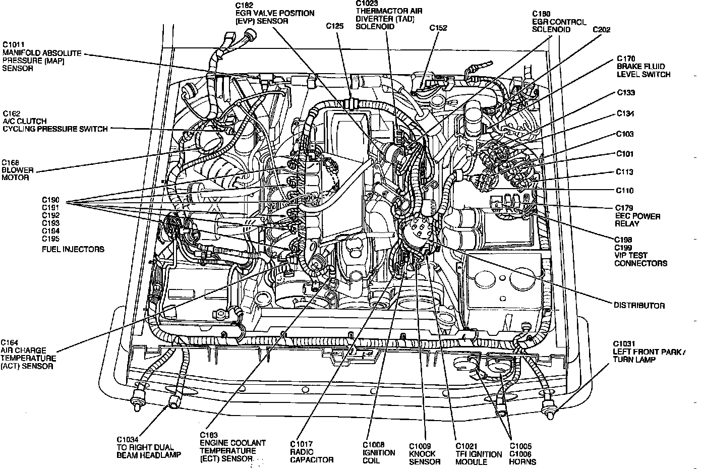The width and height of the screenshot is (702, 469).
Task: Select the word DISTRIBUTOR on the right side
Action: pyautogui.click(x=639, y=305)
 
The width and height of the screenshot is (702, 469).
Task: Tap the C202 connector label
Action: pyautogui.click(x=601, y=30)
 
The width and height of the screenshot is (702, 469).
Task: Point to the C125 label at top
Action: pyautogui.click(x=335, y=25)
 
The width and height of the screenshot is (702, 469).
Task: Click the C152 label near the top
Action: pyautogui.click(x=438, y=28)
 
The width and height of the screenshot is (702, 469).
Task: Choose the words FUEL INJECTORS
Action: pyautogui.click(x=73, y=249)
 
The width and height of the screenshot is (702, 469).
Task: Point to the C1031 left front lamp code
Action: pyautogui.click(x=626, y=343)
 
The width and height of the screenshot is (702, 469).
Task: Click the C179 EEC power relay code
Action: pyautogui.click(x=624, y=208)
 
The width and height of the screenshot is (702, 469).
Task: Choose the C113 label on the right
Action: pyautogui.click(x=624, y=172)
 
